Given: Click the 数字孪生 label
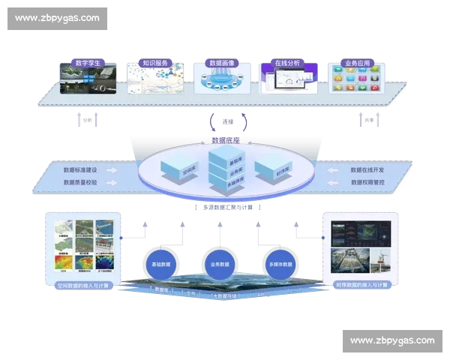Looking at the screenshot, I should click(88, 63).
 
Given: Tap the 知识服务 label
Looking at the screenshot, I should click(154, 63).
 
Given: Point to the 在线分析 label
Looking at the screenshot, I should click(287, 63).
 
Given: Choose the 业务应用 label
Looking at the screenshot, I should click(355, 63).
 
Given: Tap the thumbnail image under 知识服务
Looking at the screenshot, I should click(154, 81).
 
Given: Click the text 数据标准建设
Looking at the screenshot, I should click(79, 169).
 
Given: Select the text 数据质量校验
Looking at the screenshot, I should click(79, 181).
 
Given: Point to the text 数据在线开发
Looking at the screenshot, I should click(368, 169).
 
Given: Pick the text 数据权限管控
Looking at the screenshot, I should click(368, 181).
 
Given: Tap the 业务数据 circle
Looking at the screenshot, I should click(220, 264).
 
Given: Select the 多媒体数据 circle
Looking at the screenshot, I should click(283, 264).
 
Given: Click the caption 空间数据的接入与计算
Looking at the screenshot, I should click(79, 286).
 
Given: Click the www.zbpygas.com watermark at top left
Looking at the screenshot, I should click(56, 18).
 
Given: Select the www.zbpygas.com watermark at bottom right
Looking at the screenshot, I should click(392, 341).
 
